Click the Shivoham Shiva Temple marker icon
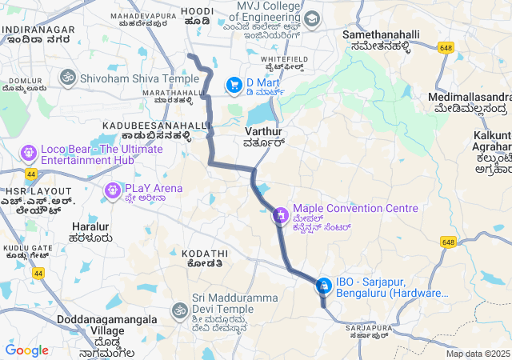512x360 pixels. pos(67,78)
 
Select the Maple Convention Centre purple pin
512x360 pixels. pos(281,214)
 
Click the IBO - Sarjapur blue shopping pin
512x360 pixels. pos(324,285)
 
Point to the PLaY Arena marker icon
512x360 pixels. pos(111,190)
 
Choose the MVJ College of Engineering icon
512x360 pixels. pos(311,18)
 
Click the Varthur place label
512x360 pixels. pos(263,135)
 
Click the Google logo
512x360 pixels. pos(26,350)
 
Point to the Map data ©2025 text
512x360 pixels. pos(478,354)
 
